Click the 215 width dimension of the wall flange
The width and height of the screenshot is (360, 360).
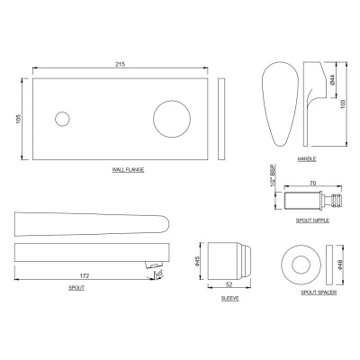pos(120,64)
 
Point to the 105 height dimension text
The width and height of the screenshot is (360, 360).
pos(18,119)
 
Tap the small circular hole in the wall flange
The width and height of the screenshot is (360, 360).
pos(62,119)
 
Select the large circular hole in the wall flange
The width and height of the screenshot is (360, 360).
pos(172,119)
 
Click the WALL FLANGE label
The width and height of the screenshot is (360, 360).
pos(128,170)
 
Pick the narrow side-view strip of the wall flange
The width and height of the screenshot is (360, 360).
pos(221,119)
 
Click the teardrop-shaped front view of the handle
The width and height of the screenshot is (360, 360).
pos(281,104)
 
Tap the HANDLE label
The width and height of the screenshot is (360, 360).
pos(307,159)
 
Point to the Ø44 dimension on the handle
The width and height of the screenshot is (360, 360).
pos(332,80)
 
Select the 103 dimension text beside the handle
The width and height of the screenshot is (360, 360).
pos(344,103)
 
